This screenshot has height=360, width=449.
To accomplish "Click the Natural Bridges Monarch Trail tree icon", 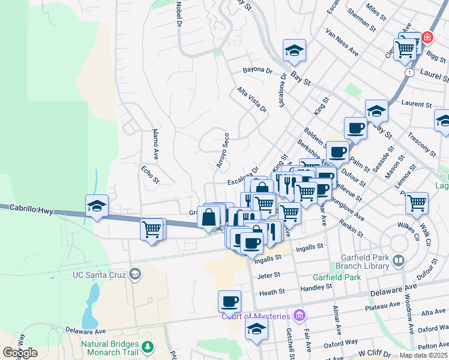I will (147, 346).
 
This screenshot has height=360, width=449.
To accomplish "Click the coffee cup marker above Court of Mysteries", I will (229, 301).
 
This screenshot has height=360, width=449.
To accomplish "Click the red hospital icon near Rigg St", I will (427, 37).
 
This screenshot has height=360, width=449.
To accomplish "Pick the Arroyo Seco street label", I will (222, 150).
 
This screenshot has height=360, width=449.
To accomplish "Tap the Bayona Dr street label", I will (258, 70).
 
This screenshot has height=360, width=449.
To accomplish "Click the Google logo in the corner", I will (20, 352).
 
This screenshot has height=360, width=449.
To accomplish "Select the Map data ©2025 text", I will (423, 355).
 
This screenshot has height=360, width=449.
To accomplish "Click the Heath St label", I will (269, 293).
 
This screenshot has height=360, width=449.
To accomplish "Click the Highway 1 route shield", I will (409, 72).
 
